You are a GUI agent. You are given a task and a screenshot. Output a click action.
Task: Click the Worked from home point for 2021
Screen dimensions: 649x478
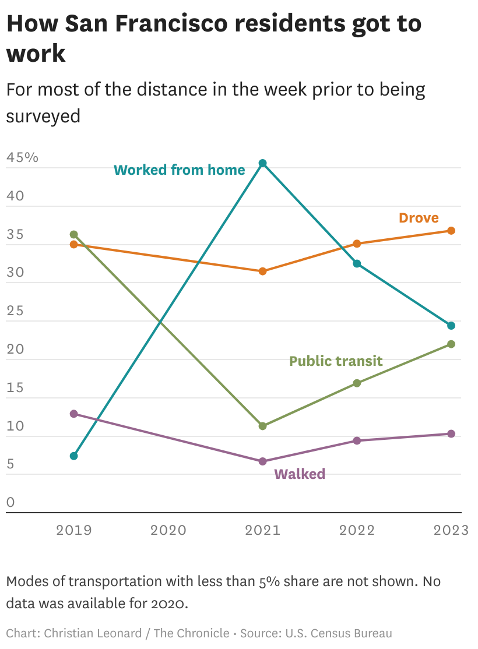[x=263, y=163]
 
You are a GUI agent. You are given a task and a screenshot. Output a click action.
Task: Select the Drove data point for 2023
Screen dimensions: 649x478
[x=451, y=231]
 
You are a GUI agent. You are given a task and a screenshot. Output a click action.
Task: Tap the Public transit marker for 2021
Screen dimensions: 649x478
[x=263, y=426]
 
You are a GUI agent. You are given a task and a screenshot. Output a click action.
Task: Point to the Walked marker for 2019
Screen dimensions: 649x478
[x=74, y=414]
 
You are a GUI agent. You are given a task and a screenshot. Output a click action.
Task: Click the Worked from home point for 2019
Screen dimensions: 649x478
[x=74, y=456]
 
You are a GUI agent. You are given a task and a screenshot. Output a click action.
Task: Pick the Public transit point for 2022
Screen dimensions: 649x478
[x=357, y=383]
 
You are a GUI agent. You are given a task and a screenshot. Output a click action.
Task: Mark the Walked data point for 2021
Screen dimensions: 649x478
[x=263, y=461]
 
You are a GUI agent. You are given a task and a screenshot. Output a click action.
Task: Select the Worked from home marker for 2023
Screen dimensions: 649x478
[x=451, y=326]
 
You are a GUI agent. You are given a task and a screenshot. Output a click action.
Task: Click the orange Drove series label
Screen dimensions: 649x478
[x=419, y=218]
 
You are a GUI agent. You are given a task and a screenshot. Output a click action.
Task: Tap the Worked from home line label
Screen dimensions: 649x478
[x=180, y=170]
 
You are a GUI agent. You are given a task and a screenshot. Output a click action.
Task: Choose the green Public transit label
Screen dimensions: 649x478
[x=336, y=361]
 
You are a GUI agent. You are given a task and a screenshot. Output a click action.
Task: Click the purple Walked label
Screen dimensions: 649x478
[x=300, y=474]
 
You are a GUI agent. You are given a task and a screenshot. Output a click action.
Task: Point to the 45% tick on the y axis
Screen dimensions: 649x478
[x=22, y=158]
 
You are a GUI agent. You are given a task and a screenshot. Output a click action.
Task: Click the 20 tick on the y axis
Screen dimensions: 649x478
[x=15, y=350]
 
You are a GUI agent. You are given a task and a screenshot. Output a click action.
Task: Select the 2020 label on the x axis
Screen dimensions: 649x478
[x=168, y=530]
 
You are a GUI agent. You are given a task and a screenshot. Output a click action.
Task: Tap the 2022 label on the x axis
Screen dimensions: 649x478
[x=357, y=530]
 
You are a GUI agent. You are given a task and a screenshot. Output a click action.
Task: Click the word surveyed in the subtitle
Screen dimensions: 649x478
[x=43, y=115]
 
